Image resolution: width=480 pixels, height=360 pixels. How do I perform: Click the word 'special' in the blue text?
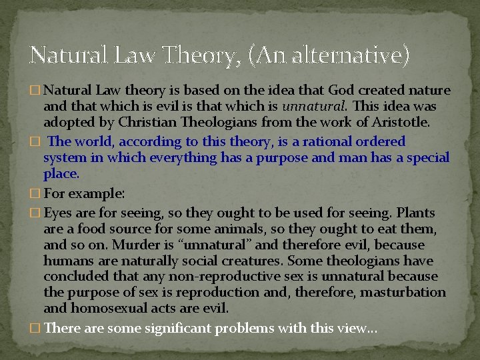tap(427, 158)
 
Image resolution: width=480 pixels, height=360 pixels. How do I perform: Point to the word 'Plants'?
tap(415, 213)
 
